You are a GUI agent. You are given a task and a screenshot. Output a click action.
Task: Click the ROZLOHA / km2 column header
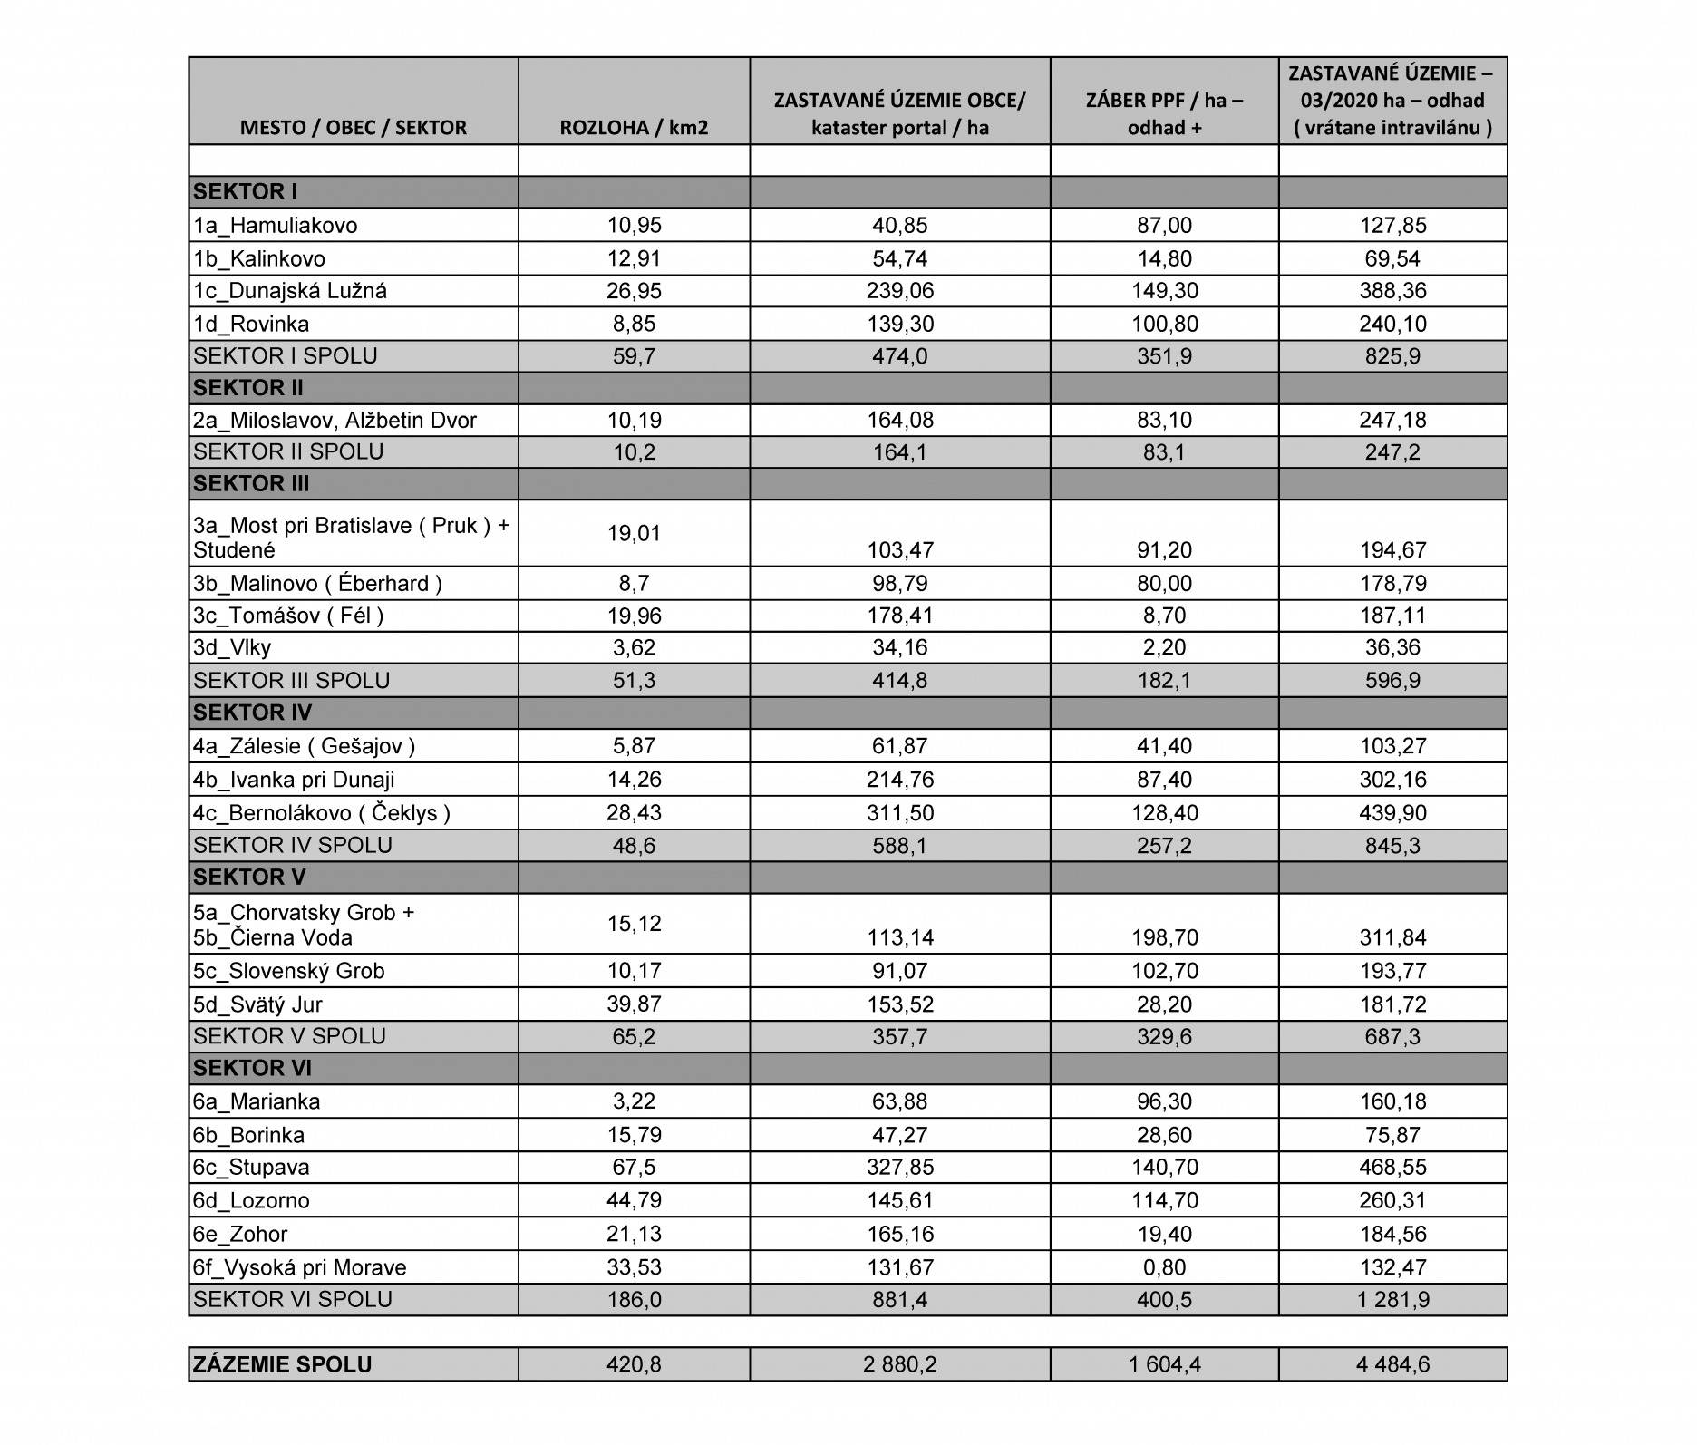click(634, 127)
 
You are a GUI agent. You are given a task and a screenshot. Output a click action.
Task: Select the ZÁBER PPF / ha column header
click(1164, 113)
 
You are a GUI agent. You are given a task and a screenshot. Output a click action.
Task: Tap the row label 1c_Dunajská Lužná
click(290, 291)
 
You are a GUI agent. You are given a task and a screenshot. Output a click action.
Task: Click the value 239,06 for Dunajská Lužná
click(899, 291)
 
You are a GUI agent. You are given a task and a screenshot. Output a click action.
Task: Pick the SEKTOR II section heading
click(248, 388)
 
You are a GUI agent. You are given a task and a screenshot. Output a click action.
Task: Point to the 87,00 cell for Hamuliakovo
click(1164, 226)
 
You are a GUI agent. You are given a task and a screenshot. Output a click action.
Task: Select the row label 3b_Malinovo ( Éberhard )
click(317, 583)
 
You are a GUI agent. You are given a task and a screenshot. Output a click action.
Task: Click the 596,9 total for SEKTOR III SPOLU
click(1392, 680)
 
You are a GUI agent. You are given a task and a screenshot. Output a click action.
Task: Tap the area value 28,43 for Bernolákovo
click(634, 812)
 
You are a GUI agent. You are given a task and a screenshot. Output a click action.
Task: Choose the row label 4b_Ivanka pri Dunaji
click(294, 780)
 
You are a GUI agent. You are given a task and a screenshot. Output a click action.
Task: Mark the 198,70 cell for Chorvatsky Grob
click(1164, 937)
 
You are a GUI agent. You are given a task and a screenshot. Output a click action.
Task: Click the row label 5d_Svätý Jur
click(257, 1004)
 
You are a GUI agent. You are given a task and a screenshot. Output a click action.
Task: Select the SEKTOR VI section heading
click(252, 1068)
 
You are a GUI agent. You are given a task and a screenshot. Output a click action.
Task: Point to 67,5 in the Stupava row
click(634, 1168)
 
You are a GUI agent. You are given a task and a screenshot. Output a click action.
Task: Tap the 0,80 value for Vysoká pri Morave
click(1164, 1267)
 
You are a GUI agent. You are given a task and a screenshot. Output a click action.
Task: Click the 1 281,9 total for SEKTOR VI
click(1392, 1300)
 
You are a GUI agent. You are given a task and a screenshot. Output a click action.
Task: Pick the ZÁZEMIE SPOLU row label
click(282, 1364)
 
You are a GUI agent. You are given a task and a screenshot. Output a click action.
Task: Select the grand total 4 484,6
click(1392, 1364)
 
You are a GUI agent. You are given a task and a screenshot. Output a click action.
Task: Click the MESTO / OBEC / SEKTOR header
click(353, 127)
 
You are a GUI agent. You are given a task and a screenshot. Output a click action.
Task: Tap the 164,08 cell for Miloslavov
click(899, 420)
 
